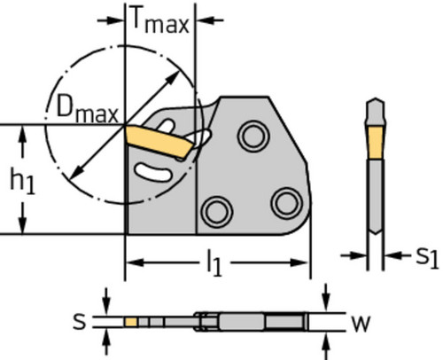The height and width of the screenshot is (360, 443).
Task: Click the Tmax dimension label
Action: (159, 20)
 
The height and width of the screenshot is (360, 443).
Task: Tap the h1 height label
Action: (23, 180)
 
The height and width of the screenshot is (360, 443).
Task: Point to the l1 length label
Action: (214, 262)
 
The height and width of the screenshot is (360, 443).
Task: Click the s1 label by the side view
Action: (426, 256)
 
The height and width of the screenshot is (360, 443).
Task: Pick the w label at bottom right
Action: (361, 324)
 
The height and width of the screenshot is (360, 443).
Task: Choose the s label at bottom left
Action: (79, 322)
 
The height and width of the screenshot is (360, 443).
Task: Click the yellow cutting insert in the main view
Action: (158, 142)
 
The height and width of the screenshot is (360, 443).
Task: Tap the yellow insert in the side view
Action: (375, 143)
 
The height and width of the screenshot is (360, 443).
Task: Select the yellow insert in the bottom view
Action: (131, 322)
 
